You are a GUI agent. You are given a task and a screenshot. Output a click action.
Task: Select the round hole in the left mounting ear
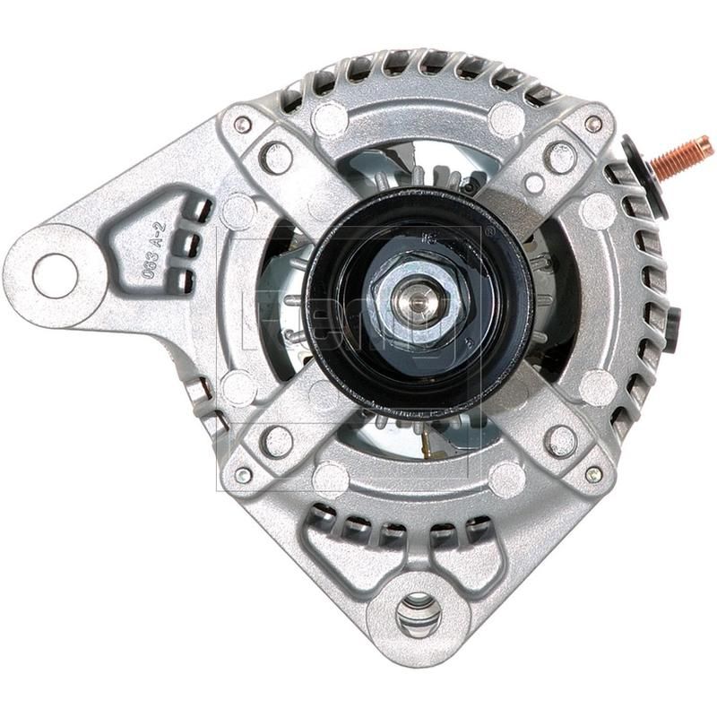[55, 276]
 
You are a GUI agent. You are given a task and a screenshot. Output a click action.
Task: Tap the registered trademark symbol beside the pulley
[489, 230]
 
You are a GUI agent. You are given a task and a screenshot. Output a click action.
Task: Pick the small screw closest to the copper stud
[593, 125]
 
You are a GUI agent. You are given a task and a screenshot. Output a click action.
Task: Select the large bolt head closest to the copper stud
[561, 158]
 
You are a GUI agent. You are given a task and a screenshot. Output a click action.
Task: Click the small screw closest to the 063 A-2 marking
[243, 125]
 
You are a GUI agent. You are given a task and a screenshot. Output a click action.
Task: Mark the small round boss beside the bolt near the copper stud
[535, 184]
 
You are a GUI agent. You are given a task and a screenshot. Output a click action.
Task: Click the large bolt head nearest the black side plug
[562, 440]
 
